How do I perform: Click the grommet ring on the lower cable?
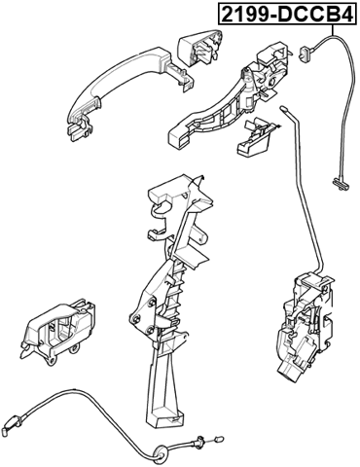click(161, 449)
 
